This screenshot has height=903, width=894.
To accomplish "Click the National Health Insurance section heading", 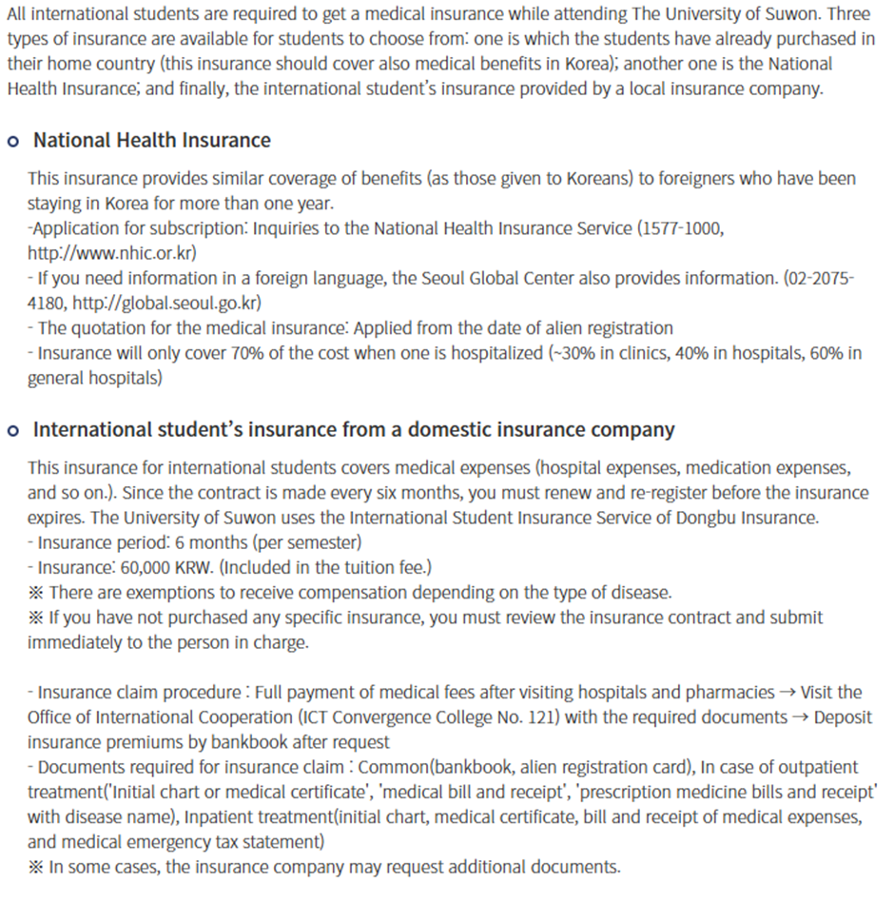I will coord(152,141).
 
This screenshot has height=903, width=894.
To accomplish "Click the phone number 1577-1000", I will coord(679,228).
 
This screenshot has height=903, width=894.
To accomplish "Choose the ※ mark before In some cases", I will coord(35,866).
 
